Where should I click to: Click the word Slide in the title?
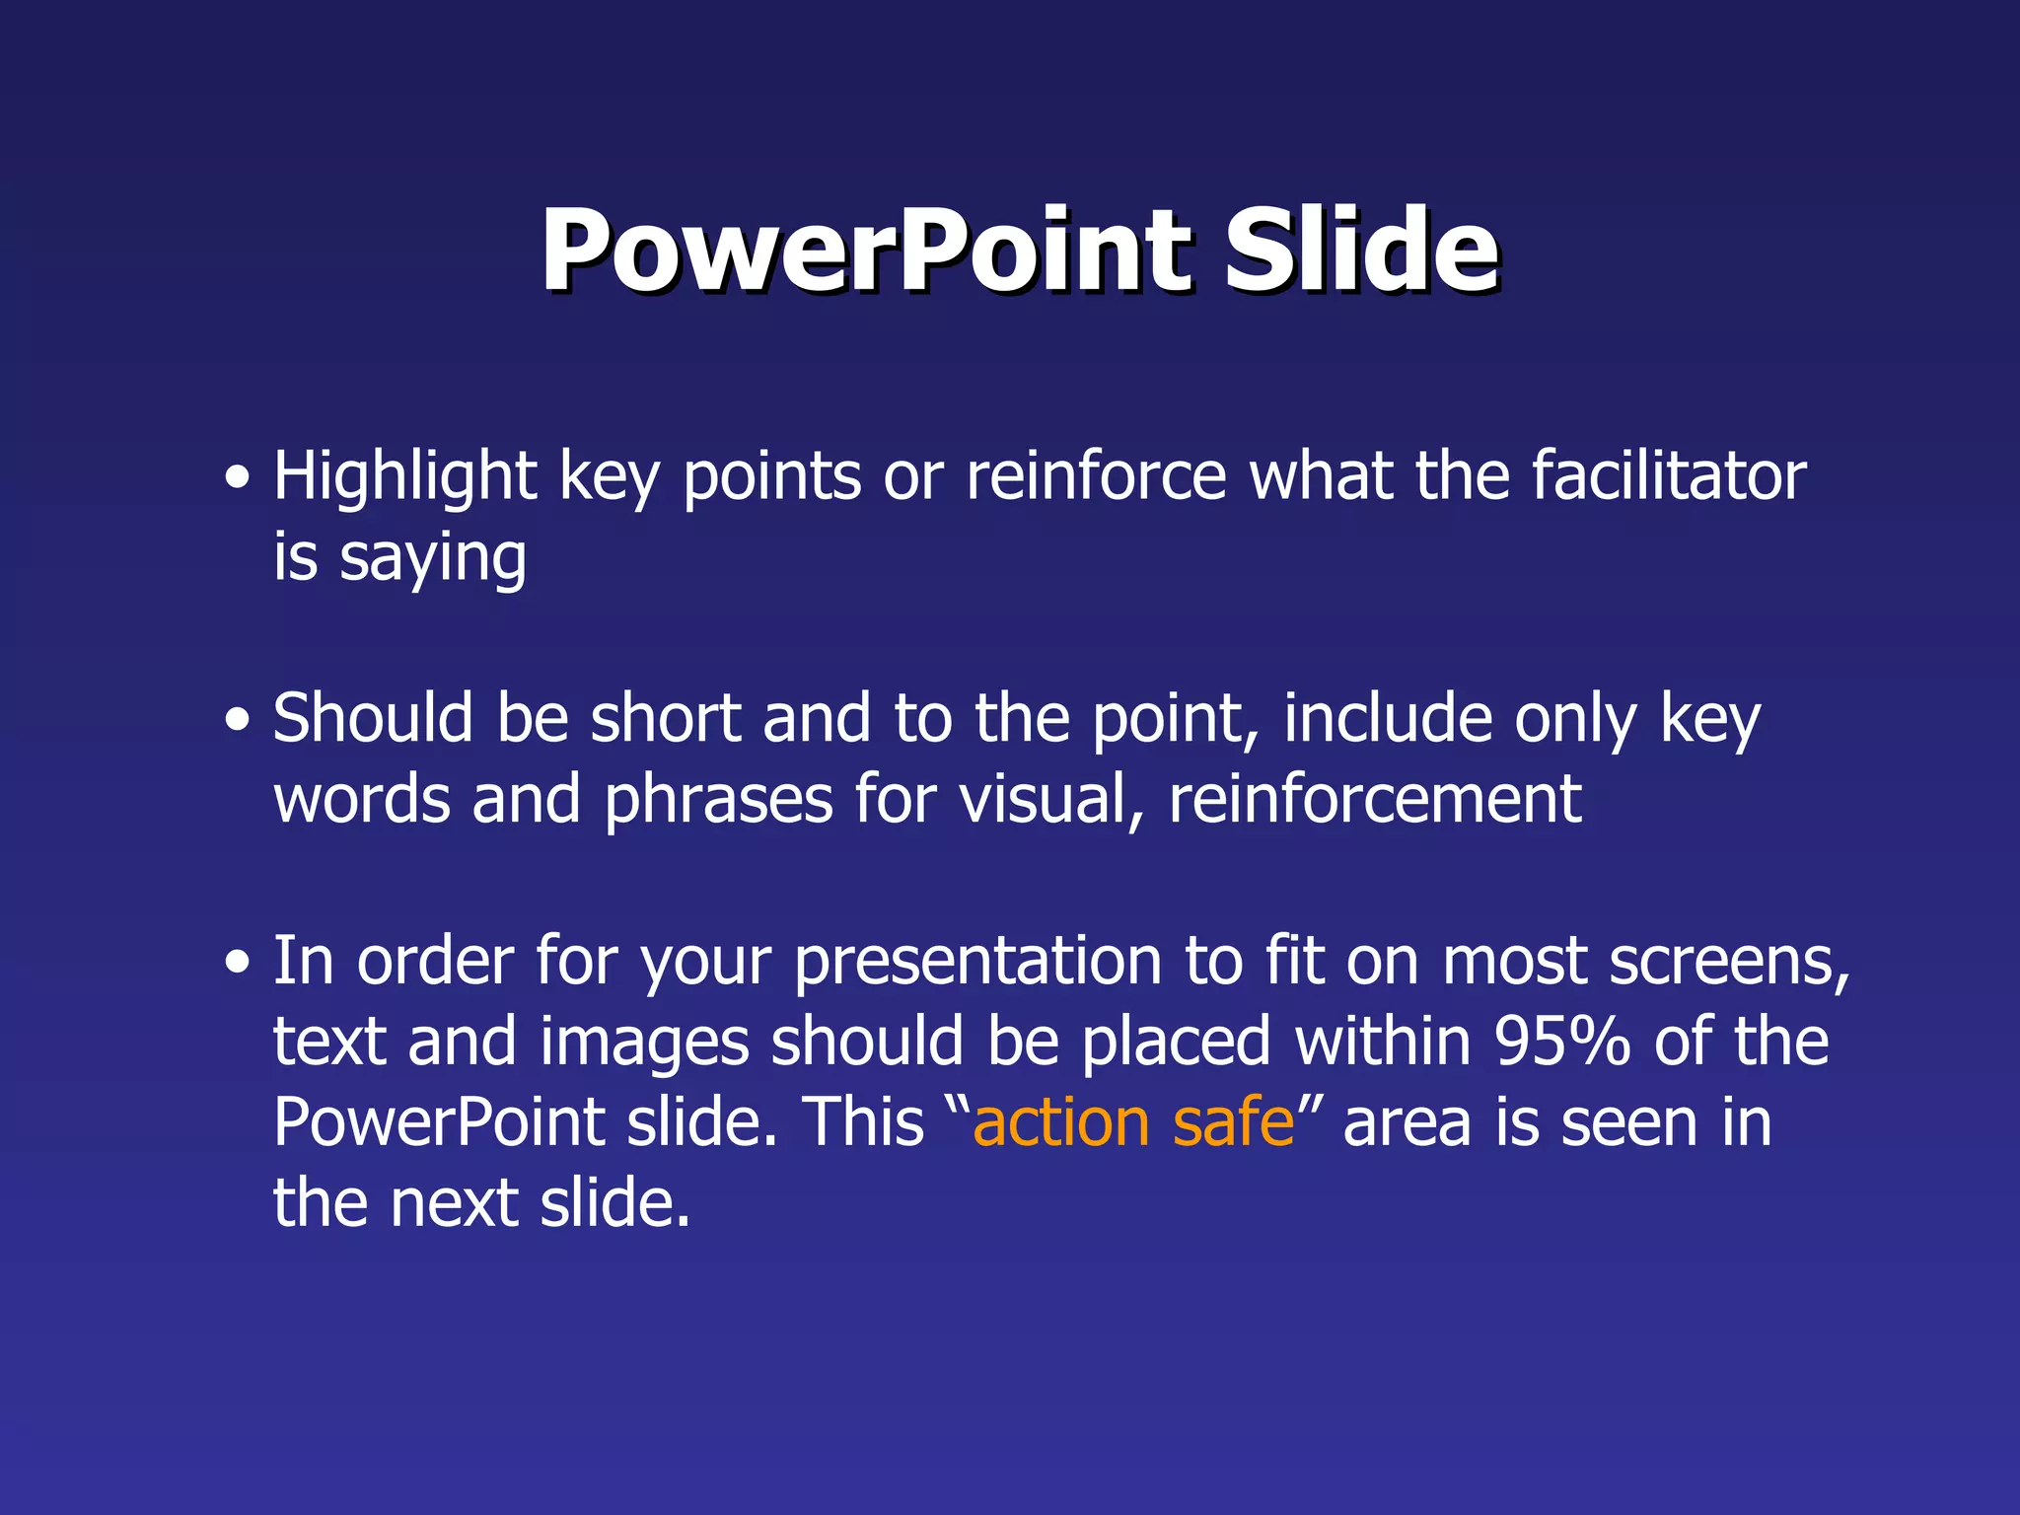point(1361,252)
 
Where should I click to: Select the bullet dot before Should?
point(237,722)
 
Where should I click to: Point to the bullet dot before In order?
point(237,964)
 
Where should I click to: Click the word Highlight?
point(404,477)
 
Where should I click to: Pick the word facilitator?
point(1669,477)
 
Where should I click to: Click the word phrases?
point(718,800)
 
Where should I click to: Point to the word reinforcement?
point(1375,800)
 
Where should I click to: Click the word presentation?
point(977,964)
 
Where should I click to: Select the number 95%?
point(1561,1043)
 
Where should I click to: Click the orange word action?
point(1061,1123)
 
